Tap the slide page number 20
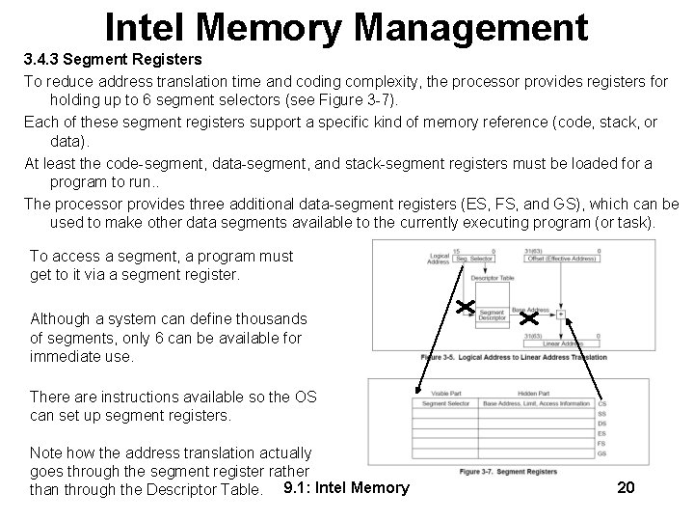tap(626, 486)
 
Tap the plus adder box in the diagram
tap(560, 314)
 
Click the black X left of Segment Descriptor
tap(464, 307)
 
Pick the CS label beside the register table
tap(603, 404)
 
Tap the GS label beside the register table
tap(603, 453)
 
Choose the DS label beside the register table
tap(603, 424)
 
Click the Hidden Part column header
tap(533, 393)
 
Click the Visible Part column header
tap(446, 393)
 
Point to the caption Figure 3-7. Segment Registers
tap(509, 472)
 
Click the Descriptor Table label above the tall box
tap(491, 277)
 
